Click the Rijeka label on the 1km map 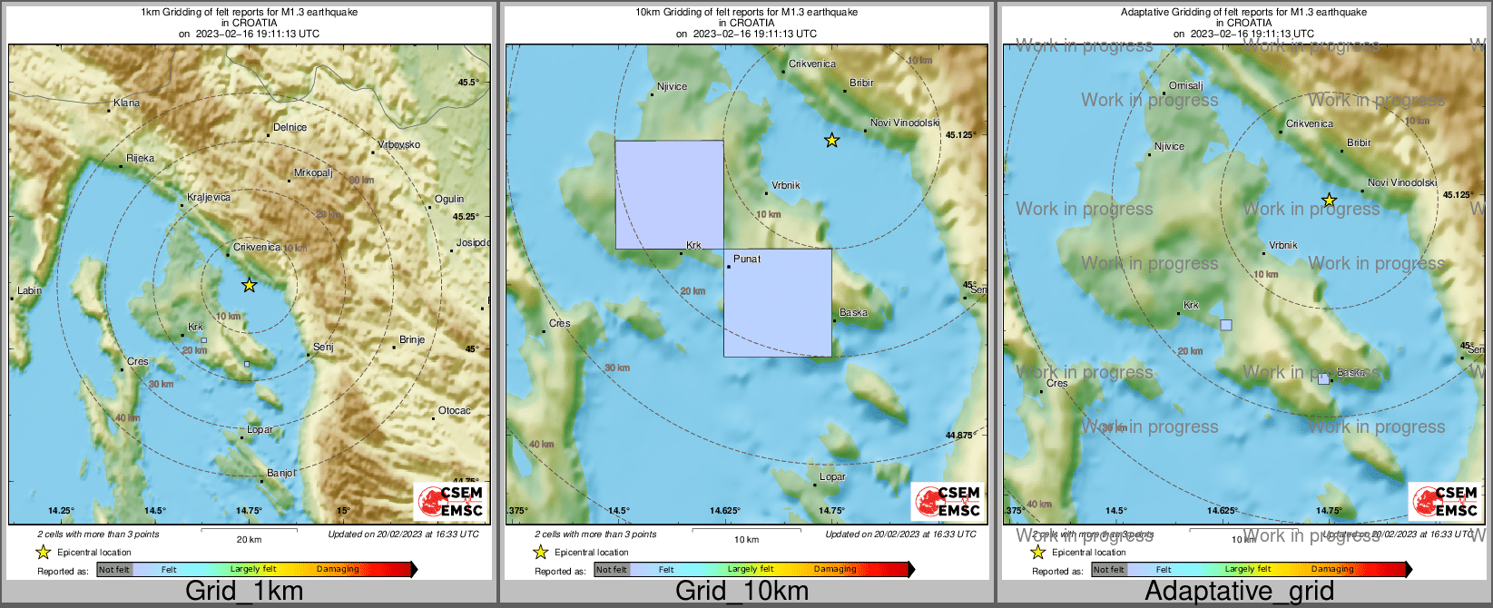coord(140,158)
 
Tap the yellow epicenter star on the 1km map coord(249,285)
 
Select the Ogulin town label coord(449,199)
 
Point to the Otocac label coord(455,411)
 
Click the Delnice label coord(290,128)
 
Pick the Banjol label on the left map coord(281,474)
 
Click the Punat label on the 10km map coord(747,260)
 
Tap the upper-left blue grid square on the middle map coord(670,194)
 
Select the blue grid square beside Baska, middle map coord(778,302)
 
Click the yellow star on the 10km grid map coord(831,140)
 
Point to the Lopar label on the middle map coord(832,476)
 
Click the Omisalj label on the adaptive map coord(1185,86)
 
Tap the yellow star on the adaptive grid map coord(1329,200)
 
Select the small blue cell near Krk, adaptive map coord(1226,325)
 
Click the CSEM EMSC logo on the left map coord(451,501)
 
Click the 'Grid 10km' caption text coord(742,592)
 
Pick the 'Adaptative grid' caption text coord(1239,592)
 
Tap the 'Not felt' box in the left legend coord(114,570)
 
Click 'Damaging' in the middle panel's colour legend coord(835,570)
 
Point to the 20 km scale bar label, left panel coord(249,540)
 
